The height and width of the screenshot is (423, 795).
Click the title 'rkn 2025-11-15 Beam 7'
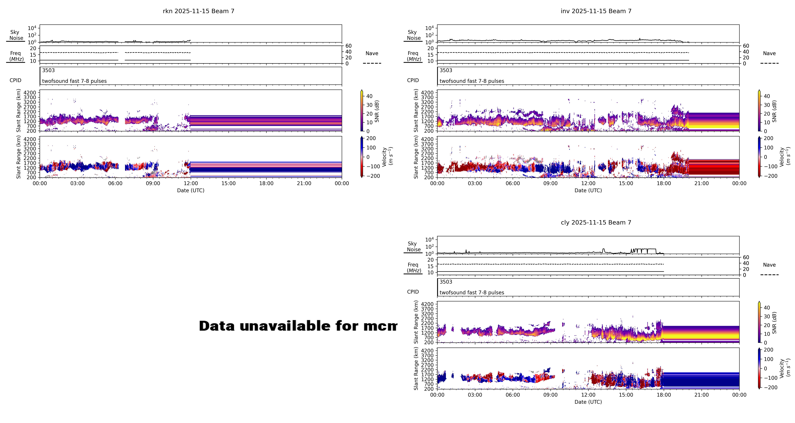(x=198, y=11)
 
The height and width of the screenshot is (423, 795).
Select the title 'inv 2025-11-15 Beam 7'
(x=596, y=11)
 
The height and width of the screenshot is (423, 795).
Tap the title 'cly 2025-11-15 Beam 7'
(x=596, y=223)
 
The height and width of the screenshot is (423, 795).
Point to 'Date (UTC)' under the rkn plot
(x=190, y=191)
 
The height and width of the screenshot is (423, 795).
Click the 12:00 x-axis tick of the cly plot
(x=588, y=395)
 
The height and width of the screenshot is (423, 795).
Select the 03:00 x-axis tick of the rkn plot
(x=77, y=183)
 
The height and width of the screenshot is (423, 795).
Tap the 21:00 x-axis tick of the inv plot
(x=702, y=183)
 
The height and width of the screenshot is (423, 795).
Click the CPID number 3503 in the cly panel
(x=446, y=282)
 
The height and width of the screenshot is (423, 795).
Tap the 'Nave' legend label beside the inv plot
(x=769, y=53)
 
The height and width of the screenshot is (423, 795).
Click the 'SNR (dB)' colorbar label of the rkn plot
(x=377, y=111)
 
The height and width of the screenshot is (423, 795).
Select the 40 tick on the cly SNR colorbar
(x=767, y=308)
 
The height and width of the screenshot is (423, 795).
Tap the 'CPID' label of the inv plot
(x=413, y=80)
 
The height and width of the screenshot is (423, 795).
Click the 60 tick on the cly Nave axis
(x=746, y=258)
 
